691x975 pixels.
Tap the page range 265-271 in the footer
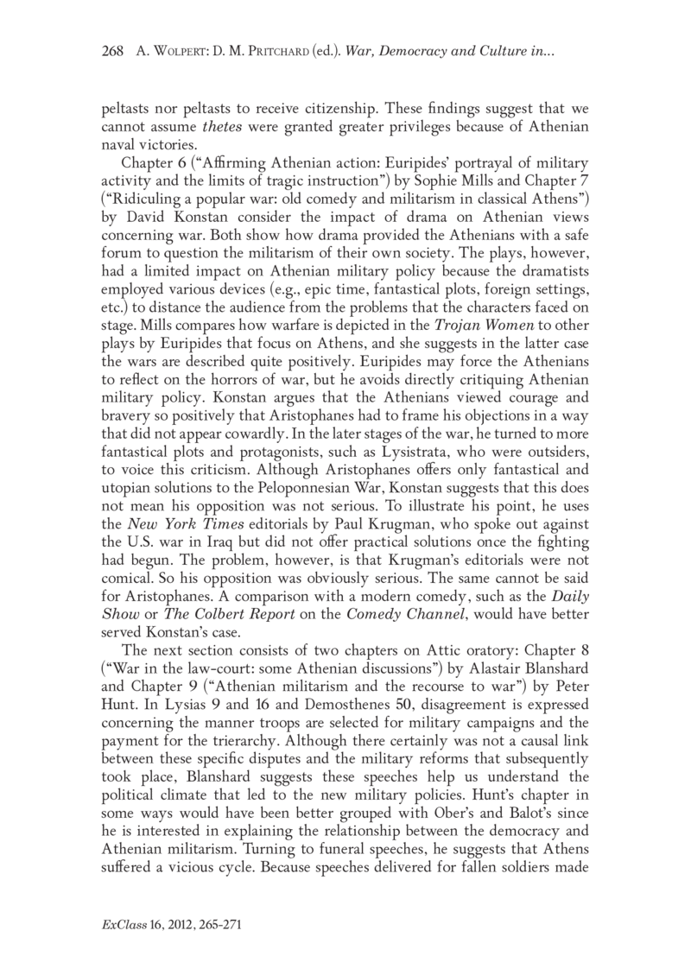point(226,924)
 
